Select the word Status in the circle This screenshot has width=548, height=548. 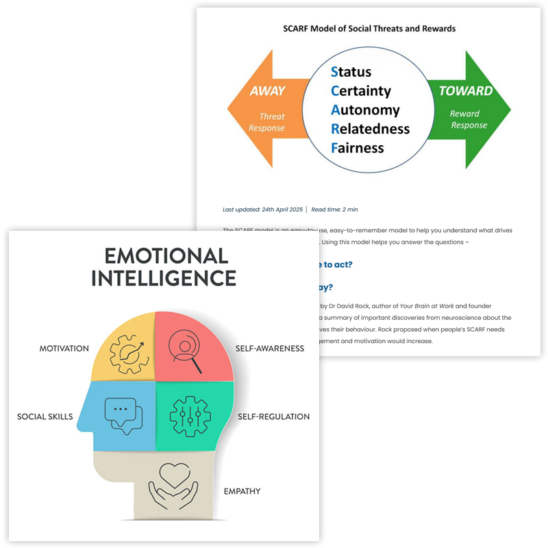351,72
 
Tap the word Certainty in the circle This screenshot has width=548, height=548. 360,90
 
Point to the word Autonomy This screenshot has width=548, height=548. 365,110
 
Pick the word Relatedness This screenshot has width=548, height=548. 370,129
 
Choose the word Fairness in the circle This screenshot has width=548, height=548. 357,147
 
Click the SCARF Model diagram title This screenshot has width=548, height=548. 369,29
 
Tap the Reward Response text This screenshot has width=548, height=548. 469,119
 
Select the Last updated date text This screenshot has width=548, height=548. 262,209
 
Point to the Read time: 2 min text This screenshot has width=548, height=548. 334,209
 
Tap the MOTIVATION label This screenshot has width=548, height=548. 64,349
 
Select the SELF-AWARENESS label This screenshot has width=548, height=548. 270,349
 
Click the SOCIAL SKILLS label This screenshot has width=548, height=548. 45,416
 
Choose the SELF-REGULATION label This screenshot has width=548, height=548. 273,416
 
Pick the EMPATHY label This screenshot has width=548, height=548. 242,491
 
